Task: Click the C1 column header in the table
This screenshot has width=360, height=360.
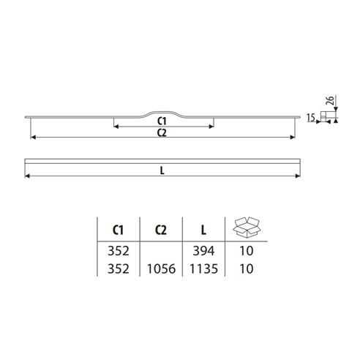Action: [x=117, y=230]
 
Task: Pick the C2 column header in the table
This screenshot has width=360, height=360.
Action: [x=162, y=230]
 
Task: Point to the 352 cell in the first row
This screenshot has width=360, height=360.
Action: [x=117, y=252]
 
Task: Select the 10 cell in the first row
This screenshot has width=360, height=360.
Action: [x=246, y=252]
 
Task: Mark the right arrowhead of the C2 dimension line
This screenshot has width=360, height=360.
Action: [x=296, y=138]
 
